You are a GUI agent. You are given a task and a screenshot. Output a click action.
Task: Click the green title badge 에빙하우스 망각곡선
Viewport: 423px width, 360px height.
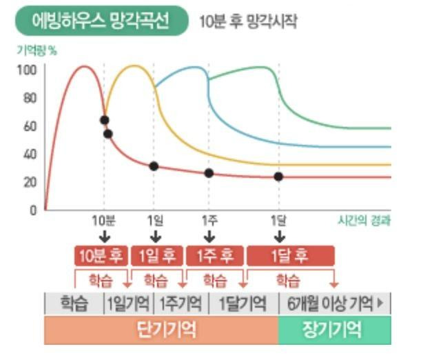[101, 21]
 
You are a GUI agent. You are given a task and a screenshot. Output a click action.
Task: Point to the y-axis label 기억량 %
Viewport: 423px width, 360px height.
[36, 50]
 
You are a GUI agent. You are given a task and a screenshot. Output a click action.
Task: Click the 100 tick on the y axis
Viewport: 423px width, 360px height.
[28, 70]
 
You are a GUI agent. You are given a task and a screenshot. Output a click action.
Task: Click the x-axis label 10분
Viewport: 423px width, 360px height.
[103, 221]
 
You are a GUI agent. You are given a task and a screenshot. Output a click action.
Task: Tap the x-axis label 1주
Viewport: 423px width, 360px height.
[209, 221]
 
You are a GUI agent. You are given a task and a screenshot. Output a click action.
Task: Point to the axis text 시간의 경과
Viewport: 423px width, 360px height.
[364, 221]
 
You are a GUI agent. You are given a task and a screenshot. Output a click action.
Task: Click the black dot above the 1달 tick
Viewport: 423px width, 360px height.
[278, 177]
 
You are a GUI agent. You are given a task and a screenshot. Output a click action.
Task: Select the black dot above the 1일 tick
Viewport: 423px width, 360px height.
[154, 166]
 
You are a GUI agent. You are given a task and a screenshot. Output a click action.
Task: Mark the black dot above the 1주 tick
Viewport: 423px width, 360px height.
[209, 173]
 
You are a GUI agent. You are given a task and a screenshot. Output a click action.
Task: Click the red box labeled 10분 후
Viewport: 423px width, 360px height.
[101, 256]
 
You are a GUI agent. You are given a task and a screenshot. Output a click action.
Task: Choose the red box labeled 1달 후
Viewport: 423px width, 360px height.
[290, 256]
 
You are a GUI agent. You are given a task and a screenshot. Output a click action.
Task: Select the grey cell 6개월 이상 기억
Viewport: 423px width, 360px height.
[334, 303]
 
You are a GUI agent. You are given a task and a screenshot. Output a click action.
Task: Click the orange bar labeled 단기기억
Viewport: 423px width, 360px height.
[161, 330]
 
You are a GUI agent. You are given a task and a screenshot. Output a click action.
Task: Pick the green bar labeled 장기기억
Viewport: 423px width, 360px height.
[333, 330]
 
